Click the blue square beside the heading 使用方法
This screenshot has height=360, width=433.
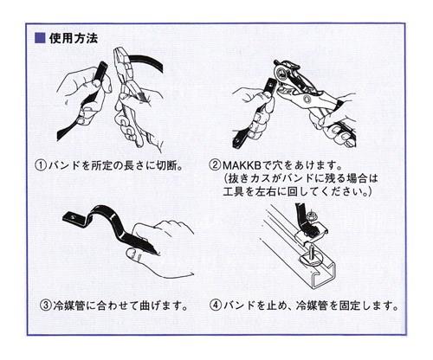tap(40, 38)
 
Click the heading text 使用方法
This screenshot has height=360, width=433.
tap(74, 38)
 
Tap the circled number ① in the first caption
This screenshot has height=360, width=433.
tap(41, 165)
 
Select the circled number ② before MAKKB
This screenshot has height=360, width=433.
tap(215, 165)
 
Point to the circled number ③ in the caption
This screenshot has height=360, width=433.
tap(46, 305)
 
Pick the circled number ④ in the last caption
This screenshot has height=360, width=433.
tap(216, 305)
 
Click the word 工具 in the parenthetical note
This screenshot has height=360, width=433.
tap(234, 191)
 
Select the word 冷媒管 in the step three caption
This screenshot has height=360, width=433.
tap(69, 305)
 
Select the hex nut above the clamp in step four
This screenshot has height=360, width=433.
tap(312, 215)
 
